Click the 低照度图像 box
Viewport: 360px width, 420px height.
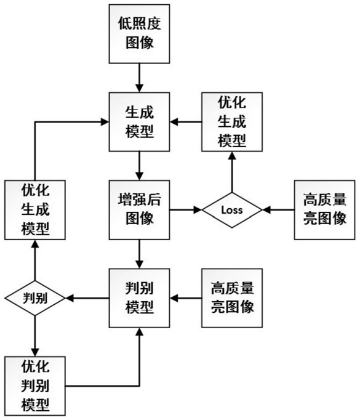click(x=139, y=34)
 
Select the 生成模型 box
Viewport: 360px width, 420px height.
click(x=139, y=122)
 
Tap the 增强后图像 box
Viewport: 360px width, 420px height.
click(x=139, y=210)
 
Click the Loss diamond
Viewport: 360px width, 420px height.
click(x=232, y=210)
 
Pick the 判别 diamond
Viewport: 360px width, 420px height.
click(x=35, y=298)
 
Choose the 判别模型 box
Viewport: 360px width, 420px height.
click(x=139, y=298)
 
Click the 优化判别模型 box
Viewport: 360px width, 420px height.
click(x=35, y=386)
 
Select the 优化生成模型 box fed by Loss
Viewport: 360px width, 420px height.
click(x=232, y=122)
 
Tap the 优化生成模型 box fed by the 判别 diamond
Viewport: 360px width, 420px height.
click(x=35, y=210)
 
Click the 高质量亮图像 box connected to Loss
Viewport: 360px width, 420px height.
click(x=325, y=210)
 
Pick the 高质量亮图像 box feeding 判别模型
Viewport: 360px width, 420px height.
click(x=232, y=298)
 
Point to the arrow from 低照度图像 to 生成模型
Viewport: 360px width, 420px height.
click(x=139, y=78)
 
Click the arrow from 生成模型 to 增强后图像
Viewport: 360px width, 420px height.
click(x=139, y=166)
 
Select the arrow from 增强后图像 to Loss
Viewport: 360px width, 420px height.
click(x=185, y=210)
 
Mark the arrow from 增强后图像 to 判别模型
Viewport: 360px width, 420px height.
click(x=139, y=254)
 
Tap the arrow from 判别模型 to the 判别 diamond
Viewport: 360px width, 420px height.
click(x=87, y=298)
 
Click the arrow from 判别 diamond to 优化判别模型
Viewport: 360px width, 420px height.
click(x=35, y=336)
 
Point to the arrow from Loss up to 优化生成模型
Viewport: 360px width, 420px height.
click(x=232, y=172)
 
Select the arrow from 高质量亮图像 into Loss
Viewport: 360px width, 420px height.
click(x=278, y=210)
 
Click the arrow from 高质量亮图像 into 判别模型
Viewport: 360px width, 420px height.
click(x=186, y=298)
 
